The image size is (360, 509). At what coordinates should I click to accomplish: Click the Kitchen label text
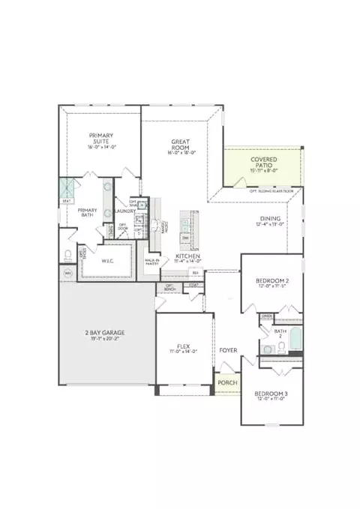coord(187,256)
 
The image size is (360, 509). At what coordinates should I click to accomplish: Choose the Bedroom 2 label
coord(271,283)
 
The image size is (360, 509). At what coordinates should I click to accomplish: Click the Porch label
coord(227,382)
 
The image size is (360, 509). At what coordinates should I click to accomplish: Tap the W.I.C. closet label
coord(107,261)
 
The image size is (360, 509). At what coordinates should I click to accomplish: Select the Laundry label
coord(124,211)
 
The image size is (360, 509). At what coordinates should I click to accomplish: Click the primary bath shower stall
coord(66,187)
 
